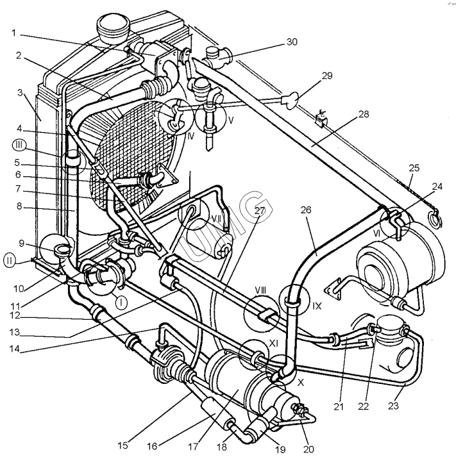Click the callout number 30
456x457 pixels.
[x=292, y=42]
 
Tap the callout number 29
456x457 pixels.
[x=327, y=76]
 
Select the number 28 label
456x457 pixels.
[x=363, y=114]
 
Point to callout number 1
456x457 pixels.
[x=13, y=33]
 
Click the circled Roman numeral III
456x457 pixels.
[x=19, y=145]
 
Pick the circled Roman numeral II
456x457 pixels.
[x=10, y=260]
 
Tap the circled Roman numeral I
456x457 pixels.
[x=121, y=303]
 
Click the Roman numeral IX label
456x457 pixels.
[x=317, y=306]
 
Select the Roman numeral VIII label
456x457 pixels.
[x=260, y=290]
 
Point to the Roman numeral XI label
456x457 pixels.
[x=273, y=344]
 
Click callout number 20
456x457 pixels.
[x=308, y=449]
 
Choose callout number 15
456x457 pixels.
[x=123, y=445]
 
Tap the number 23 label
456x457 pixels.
[x=393, y=406]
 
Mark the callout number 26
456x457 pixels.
[x=306, y=210]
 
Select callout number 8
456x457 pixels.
[x=19, y=206]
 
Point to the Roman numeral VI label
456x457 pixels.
[x=377, y=233]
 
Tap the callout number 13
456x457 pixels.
[x=14, y=332]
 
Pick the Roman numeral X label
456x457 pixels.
[x=301, y=383]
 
